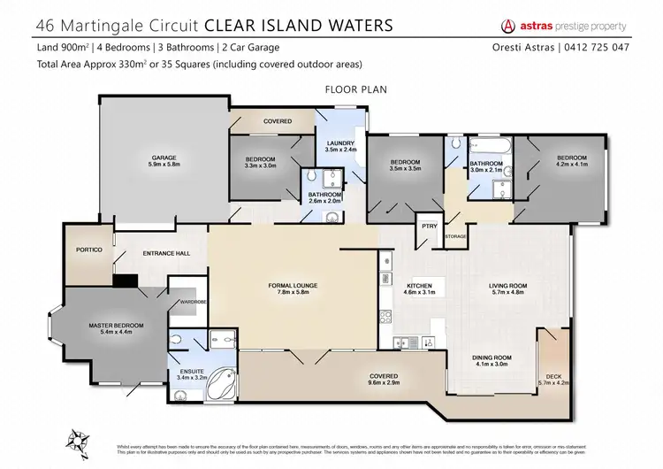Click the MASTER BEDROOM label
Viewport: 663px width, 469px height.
[116, 326]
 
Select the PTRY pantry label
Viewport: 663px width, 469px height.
[431, 226]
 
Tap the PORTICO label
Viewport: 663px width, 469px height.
[90, 250]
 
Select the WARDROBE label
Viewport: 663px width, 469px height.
[193, 302]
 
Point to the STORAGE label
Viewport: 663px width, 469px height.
[455, 236]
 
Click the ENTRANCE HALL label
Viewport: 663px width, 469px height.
[166, 254]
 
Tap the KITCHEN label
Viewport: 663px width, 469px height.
[417, 286]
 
